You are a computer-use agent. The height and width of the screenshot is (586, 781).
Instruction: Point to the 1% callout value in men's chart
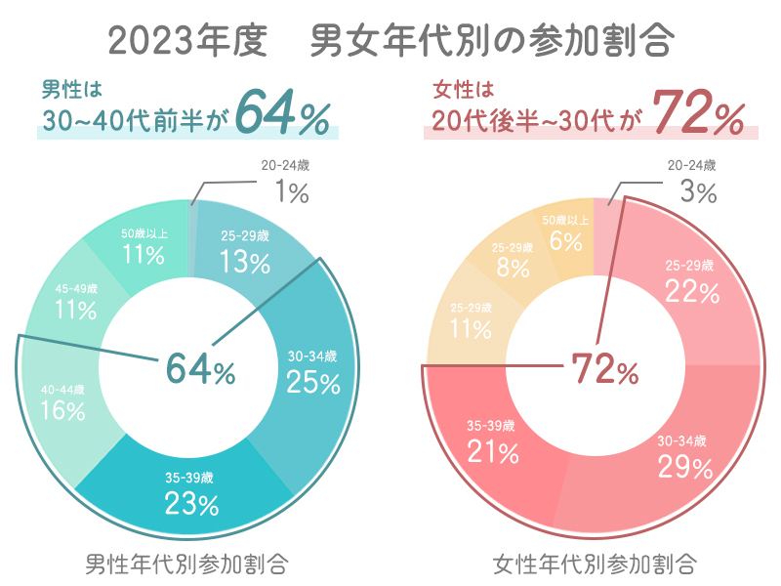point(291,192)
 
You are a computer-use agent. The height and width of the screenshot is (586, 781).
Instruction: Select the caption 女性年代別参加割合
point(595,564)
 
